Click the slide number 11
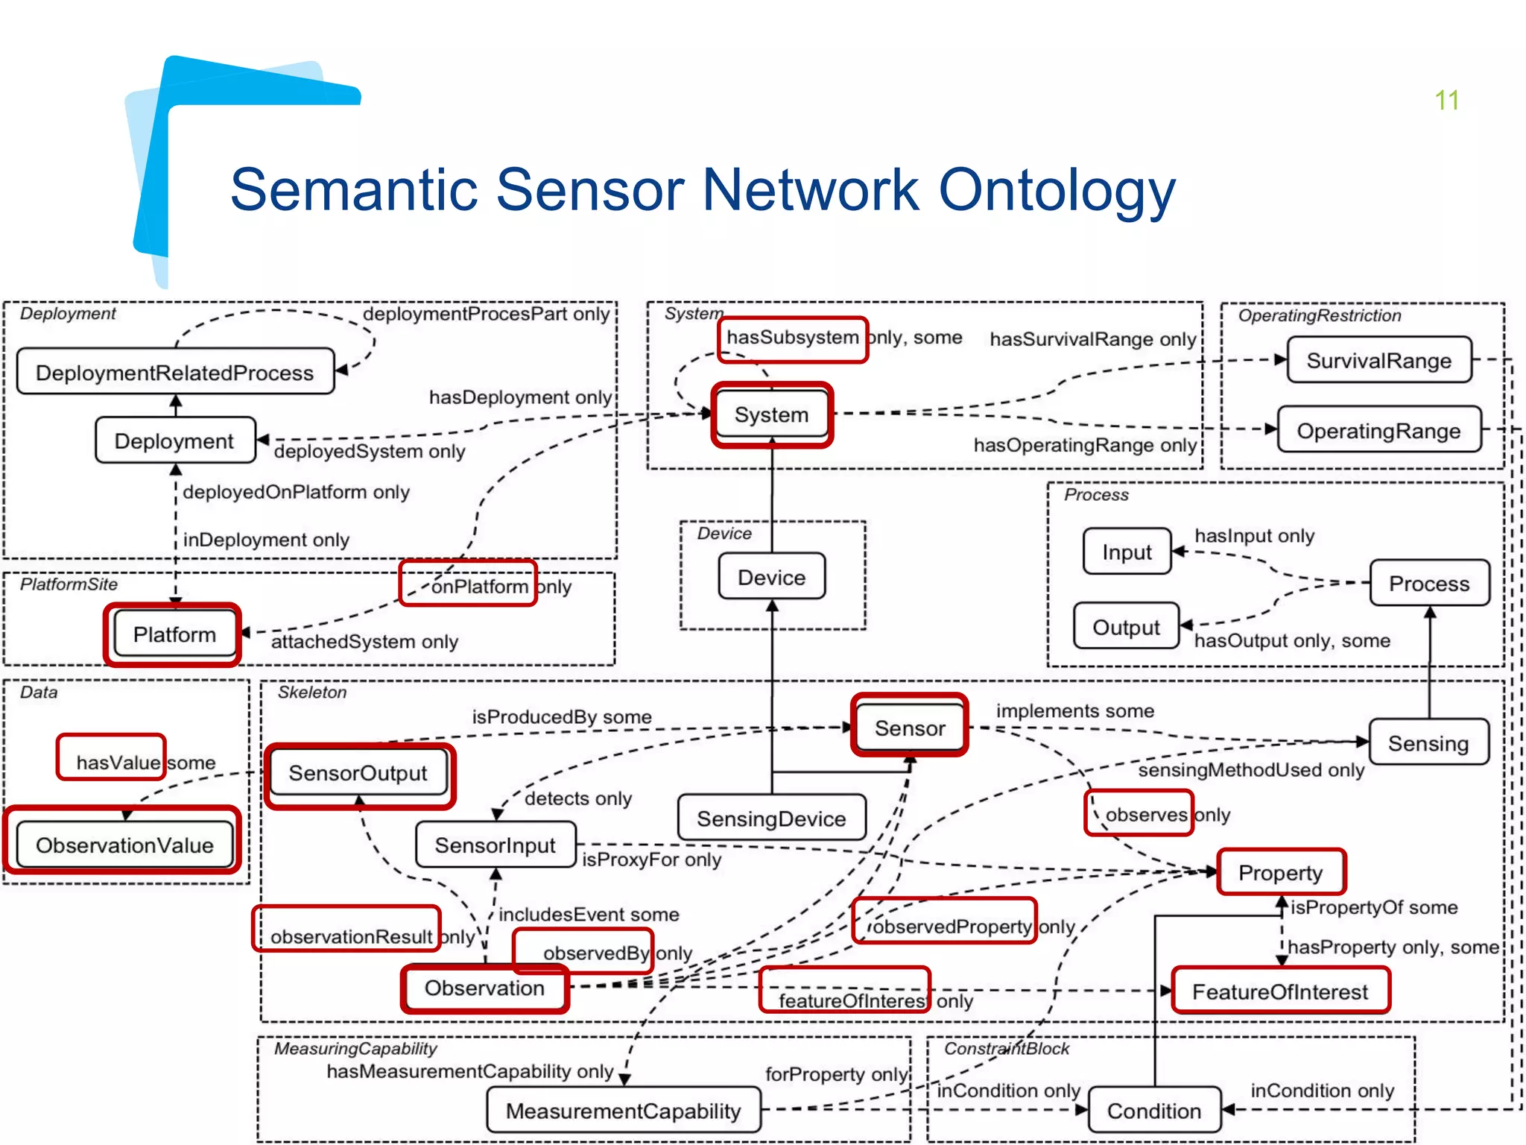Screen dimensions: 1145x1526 [1446, 101]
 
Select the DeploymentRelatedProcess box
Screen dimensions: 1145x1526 [175, 372]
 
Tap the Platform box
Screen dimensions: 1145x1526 [174, 634]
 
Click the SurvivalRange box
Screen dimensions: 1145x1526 [1378, 361]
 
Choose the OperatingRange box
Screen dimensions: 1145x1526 [1378, 431]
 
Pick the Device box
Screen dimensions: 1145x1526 [771, 577]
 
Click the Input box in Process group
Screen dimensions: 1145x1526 [1127, 552]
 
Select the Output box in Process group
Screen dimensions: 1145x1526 [1126, 627]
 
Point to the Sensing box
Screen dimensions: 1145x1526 [1428, 743]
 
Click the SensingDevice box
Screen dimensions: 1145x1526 [771, 818]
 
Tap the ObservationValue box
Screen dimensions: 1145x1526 [124, 845]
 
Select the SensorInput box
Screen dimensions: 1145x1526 [495, 845]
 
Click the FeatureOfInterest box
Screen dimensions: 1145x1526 [1279, 992]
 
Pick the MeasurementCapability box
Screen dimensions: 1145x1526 [623, 1111]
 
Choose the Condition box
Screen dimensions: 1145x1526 [1153, 1111]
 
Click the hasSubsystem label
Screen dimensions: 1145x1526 [792, 338]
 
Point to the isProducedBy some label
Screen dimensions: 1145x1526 [562, 716]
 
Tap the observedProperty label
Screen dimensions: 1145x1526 [952, 927]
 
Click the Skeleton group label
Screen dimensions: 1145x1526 [312, 693]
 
